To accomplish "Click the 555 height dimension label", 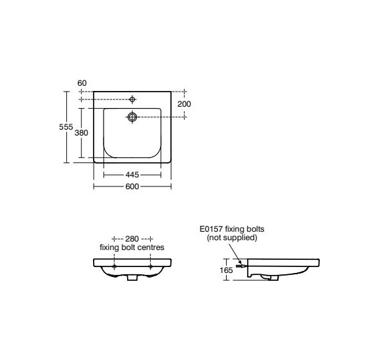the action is (x=66, y=127).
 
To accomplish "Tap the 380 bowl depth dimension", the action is (x=81, y=133).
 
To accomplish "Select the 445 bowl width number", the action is (x=132, y=175).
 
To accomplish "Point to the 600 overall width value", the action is (x=132, y=187).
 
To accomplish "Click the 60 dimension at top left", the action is (x=82, y=83).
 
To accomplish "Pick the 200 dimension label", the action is (x=184, y=104).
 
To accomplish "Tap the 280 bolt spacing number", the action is (x=132, y=239).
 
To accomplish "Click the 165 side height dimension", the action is (x=226, y=270).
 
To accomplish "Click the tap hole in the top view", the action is (x=132, y=99).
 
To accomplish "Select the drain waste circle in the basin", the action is (x=132, y=117).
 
